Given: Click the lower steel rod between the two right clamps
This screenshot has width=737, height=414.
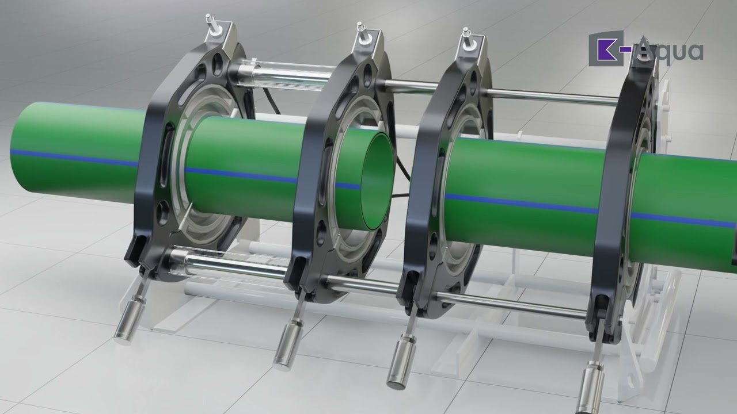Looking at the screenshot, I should (512, 303).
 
